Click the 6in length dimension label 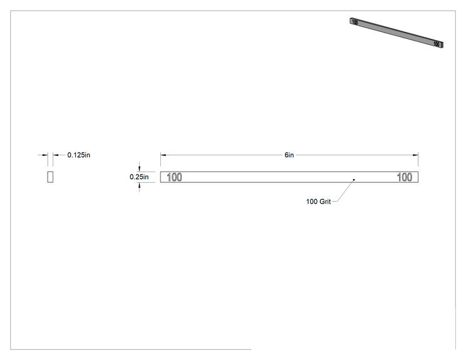289,155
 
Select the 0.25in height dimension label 139,177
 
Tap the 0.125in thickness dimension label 79,155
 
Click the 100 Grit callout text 318,202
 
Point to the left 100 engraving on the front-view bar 175,177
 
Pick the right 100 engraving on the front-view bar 405,177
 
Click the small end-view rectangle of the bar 50,177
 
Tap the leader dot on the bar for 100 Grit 354,180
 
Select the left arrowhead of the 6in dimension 163,155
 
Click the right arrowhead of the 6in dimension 415,155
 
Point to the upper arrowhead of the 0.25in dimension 139,169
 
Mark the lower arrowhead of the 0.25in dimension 139,185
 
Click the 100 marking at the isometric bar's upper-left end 355,22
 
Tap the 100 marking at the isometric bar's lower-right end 436,44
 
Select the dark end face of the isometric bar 442,45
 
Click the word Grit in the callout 325,202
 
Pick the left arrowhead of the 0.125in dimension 45,155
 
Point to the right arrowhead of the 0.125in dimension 56,155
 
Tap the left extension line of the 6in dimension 160,160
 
